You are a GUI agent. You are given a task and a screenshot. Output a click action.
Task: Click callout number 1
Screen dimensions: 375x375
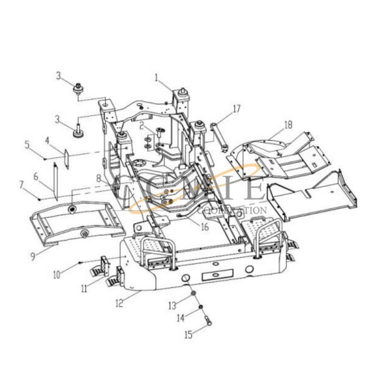[156, 77]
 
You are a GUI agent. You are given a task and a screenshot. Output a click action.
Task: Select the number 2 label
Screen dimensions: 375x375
[142, 126]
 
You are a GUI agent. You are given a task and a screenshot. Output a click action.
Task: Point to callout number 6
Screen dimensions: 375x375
[36, 177]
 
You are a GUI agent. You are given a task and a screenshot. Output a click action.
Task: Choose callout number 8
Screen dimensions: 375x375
[98, 178]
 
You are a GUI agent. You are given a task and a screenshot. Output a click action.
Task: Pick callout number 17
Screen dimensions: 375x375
[236, 108]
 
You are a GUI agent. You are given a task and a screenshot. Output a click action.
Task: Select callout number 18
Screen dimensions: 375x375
[287, 125]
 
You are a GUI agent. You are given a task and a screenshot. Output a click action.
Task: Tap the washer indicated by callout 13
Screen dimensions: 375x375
[194, 294]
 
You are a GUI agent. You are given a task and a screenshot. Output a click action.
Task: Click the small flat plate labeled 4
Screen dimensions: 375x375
[65, 152]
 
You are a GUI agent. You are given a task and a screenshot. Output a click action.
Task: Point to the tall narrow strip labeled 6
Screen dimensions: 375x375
[54, 181]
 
